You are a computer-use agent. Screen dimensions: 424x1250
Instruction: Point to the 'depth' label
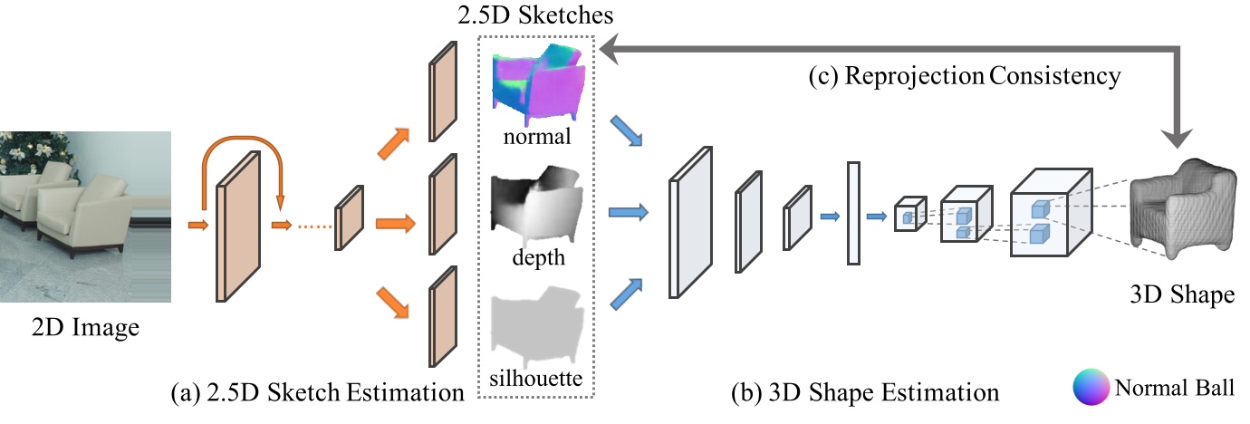pos(538,258)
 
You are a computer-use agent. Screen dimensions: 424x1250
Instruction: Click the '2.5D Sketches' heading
pos(538,15)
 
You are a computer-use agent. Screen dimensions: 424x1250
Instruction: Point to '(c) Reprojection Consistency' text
pos(965,76)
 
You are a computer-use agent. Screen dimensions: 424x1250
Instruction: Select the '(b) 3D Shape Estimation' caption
pos(865,393)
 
